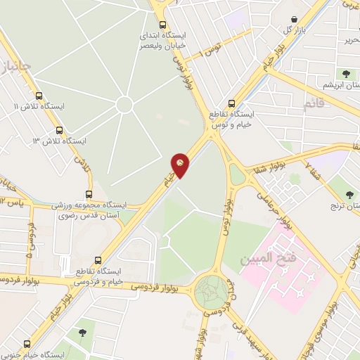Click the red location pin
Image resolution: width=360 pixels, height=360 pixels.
pyautogui.click(x=181, y=165)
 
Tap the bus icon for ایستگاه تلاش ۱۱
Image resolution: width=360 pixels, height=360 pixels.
pyautogui.click(x=38, y=96)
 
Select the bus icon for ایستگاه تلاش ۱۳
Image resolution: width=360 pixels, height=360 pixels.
pyautogui.click(x=58, y=130)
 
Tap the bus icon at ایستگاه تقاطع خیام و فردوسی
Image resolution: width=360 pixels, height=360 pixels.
pyautogui.click(x=98, y=259)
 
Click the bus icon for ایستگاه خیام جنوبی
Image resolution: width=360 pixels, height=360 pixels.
pyautogui.click(x=27, y=345)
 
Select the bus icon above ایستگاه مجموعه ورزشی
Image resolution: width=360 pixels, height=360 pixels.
pyautogui.click(x=89, y=194)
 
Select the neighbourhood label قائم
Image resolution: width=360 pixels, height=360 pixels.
pyautogui.click(x=314, y=105)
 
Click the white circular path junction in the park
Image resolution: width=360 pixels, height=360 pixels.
pyautogui.click(x=124, y=105)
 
